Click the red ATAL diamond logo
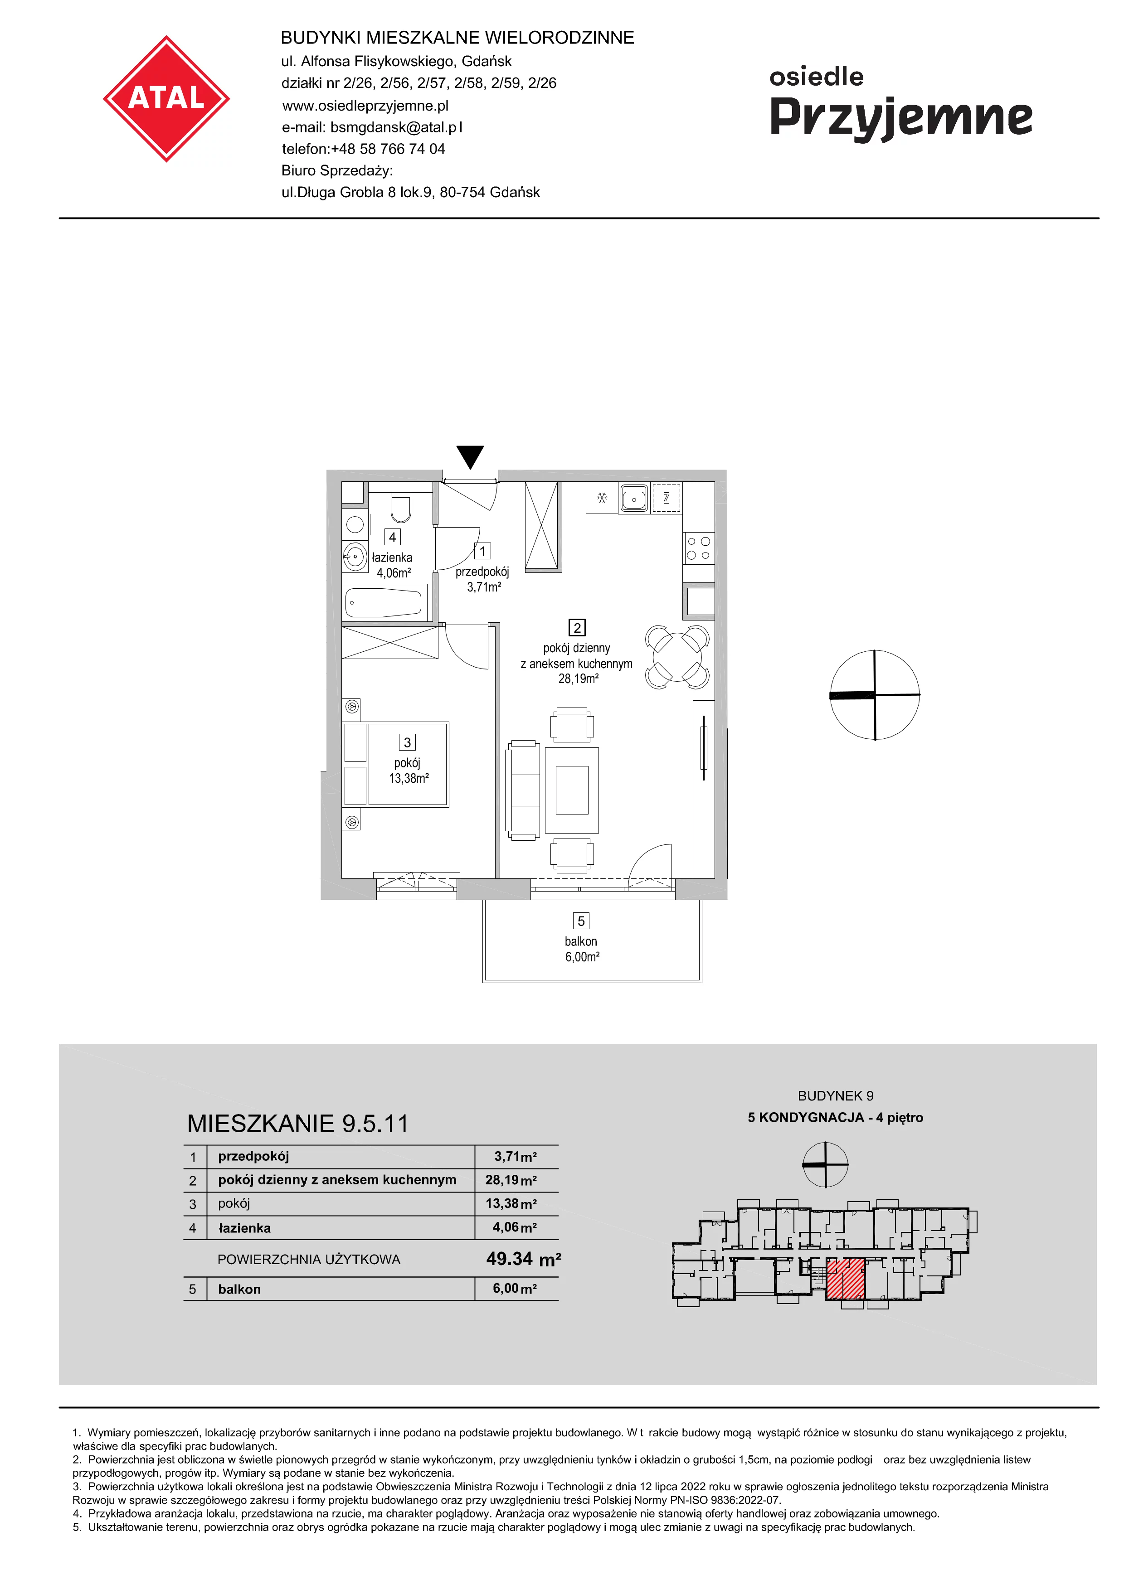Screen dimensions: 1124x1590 (166, 99)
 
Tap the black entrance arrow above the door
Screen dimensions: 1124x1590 (470, 457)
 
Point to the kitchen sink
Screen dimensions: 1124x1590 (634, 497)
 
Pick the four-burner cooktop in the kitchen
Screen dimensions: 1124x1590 (698, 548)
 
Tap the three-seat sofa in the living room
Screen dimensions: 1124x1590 (524, 790)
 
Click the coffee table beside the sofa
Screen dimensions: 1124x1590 (572, 790)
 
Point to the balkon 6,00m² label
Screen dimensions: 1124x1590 (582, 949)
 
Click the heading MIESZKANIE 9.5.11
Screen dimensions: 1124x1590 (298, 1123)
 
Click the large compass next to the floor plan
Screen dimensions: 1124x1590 (875, 694)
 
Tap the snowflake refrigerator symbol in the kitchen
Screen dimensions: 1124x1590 (602, 497)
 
